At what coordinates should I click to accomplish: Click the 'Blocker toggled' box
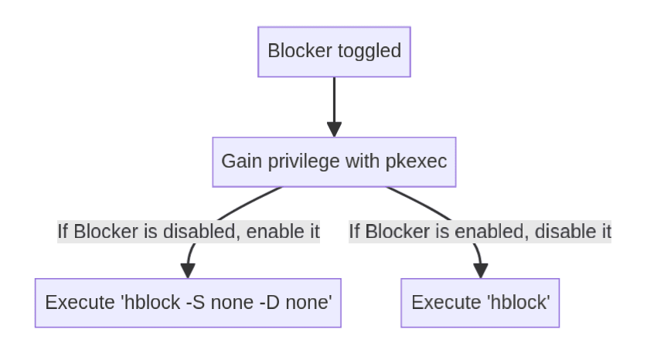(334, 52)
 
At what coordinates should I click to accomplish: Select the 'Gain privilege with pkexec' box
(334, 162)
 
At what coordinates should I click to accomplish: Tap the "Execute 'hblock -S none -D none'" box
(188, 303)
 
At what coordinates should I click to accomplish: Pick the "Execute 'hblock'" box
(480, 303)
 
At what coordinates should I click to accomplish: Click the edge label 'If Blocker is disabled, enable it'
(189, 231)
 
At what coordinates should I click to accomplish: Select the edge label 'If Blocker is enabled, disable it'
(480, 231)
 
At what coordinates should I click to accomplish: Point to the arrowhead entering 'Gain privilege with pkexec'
(334, 130)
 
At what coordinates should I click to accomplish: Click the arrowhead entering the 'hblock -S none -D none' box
(188, 271)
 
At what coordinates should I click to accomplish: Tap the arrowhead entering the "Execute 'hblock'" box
(481, 271)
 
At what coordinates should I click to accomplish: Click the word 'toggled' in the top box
(369, 52)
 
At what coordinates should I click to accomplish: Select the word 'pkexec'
(416, 161)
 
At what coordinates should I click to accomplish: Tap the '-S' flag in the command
(196, 303)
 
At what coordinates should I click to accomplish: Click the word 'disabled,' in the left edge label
(203, 231)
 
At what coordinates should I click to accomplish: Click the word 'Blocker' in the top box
(300, 51)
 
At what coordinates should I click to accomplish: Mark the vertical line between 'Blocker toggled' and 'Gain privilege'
(334, 100)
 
